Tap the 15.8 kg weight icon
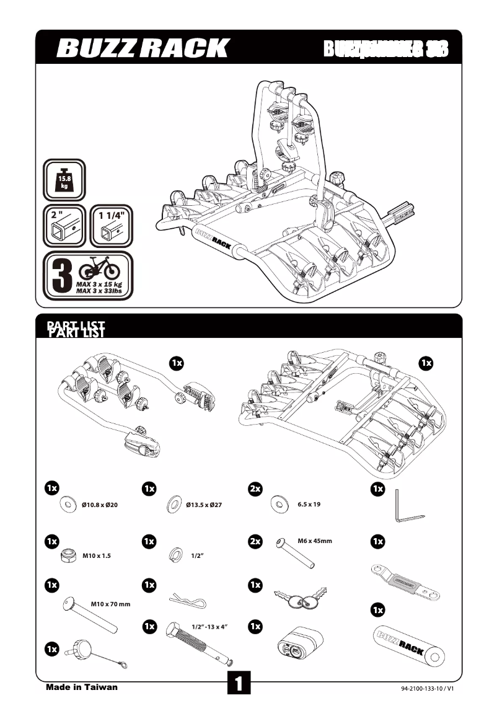pyautogui.click(x=64, y=180)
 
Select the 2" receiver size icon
pyautogui.click(x=64, y=228)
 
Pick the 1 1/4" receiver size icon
pyautogui.click(x=112, y=228)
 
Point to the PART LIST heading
pyautogui.click(x=76, y=329)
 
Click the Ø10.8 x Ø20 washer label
pyautogui.click(x=100, y=505)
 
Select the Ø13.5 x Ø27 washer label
pyautogui.click(x=204, y=505)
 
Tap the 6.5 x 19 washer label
pyautogui.click(x=309, y=505)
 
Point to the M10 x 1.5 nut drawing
pyautogui.click(x=64, y=556)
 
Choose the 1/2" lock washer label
pyautogui.click(x=198, y=556)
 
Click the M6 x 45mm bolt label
pyautogui.click(x=315, y=541)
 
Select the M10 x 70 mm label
pyautogui.click(x=110, y=604)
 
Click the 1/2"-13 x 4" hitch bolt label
pyautogui.click(x=210, y=627)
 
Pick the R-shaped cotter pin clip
pyautogui.click(x=187, y=601)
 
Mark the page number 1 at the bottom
pyautogui.click(x=239, y=684)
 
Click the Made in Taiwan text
pyautogui.click(x=81, y=687)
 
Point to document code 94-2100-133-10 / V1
pyautogui.click(x=428, y=688)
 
